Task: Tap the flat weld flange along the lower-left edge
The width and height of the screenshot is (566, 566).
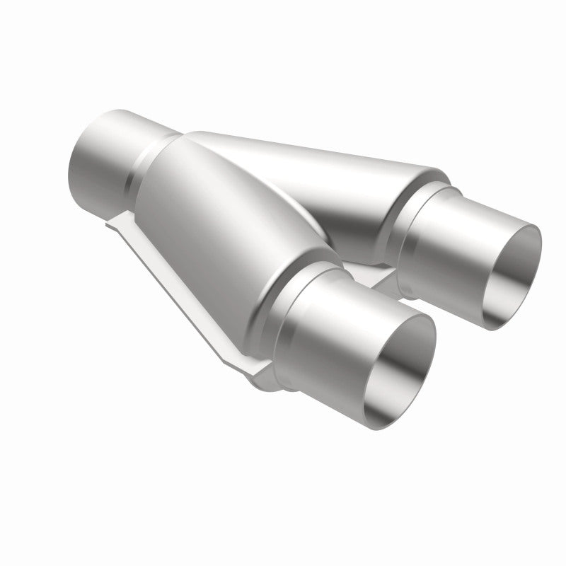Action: tap(177, 283)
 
